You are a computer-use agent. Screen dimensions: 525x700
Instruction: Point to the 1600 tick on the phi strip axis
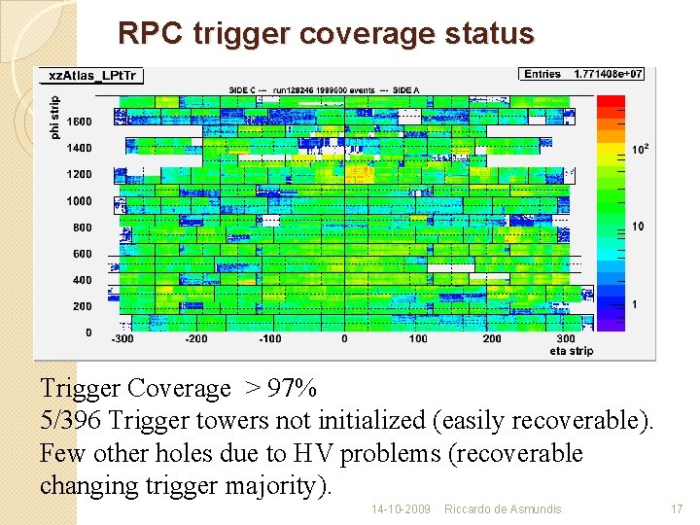click(81, 122)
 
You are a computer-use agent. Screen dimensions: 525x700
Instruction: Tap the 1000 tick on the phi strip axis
click(81, 201)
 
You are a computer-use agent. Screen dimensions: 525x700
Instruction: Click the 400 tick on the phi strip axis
click(83, 280)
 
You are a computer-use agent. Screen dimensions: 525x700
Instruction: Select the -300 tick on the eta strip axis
click(122, 339)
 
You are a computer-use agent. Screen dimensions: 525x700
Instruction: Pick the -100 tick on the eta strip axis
click(269, 339)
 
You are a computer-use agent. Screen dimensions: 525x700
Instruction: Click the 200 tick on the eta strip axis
click(492, 339)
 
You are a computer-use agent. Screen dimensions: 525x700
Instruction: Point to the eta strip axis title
click(572, 350)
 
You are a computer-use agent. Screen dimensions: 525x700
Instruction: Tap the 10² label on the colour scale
click(639, 150)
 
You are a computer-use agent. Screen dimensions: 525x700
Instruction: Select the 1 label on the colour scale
click(635, 304)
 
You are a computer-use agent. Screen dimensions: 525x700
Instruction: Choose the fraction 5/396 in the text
click(71, 421)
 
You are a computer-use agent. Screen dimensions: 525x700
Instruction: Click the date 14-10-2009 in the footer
click(401, 509)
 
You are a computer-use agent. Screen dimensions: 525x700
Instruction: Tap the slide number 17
click(677, 509)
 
